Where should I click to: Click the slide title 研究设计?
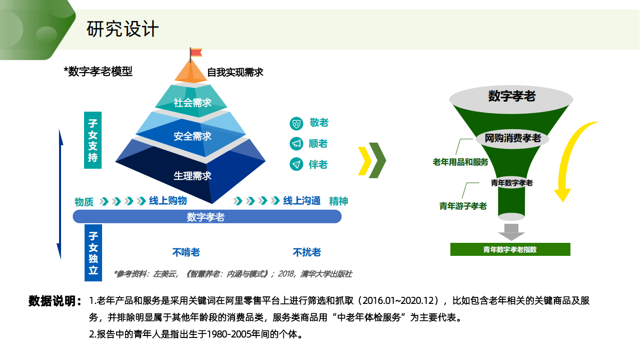(x=123, y=29)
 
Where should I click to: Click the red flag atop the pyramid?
(x=195, y=52)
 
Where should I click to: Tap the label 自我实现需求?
(x=235, y=72)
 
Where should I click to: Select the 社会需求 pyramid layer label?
(x=193, y=103)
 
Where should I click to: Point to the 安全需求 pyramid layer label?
(x=193, y=136)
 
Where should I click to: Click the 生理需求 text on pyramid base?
(x=193, y=176)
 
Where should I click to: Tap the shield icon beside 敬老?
(x=296, y=123)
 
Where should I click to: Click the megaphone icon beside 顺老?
(x=296, y=144)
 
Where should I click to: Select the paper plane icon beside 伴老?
(x=296, y=164)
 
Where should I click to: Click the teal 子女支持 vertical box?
(x=93, y=140)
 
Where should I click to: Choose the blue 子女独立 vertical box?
(x=93, y=253)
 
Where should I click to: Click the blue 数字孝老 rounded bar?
(x=207, y=217)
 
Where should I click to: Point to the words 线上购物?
(x=168, y=201)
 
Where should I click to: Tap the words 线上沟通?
(x=302, y=201)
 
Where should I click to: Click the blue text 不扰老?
(x=307, y=252)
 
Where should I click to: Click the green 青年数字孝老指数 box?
(x=510, y=249)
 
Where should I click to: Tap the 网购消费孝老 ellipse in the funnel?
(x=513, y=138)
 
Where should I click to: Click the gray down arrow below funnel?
(x=511, y=232)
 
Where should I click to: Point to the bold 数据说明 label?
(x=55, y=301)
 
